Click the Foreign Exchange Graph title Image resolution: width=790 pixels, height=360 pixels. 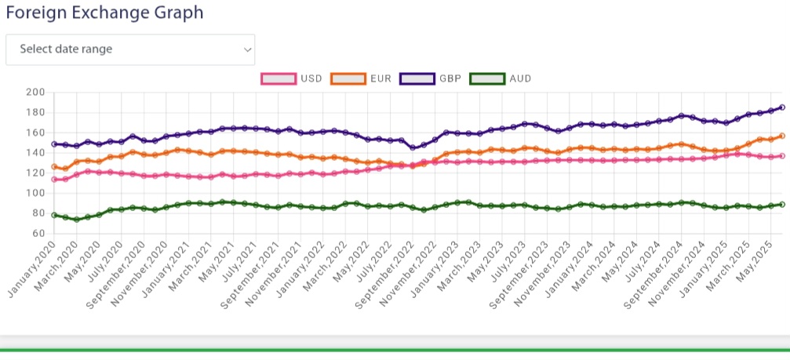pyautogui.click(x=104, y=13)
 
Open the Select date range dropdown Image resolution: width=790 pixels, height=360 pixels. pyautogui.click(x=130, y=49)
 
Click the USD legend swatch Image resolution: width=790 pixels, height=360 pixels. pyautogui.click(x=279, y=78)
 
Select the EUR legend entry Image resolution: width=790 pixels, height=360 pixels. pyautogui.click(x=349, y=78)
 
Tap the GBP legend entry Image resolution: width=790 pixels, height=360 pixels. pyautogui.click(x=417, y=78)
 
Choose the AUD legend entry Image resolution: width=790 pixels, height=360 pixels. pyautogui.click(x=486, y=78)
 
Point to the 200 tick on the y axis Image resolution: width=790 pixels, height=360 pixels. pyautogui.click(x=36, y=93)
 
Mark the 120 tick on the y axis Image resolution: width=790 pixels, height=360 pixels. pyautogui.click(x=36, y=173)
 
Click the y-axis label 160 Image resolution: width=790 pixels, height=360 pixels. pyautogui.click(x=36, y=133)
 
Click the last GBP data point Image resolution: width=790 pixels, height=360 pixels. pyautogui.click(x=781, y=107)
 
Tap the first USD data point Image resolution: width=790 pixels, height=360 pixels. pyautogui.click(x=54, y=180)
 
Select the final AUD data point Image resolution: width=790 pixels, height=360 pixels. pyautogui.click(x=781, y=204)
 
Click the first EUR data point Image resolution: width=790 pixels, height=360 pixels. pyautogui.click(x=54, y=166)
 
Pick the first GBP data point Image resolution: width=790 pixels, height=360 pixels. pyautogui.click(x=54, y=144)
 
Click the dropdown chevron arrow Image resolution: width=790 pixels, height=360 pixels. pyautogui.click(x=248, y=49)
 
